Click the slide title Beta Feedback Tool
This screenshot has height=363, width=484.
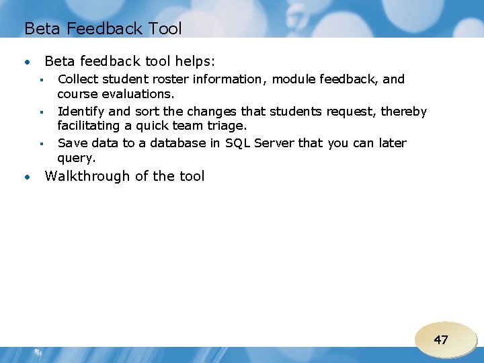[103, 28]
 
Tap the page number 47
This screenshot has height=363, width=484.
[441, 340]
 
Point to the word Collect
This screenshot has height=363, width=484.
[79, 79]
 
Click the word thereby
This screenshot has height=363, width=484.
[404, 112]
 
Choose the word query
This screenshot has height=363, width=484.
[77, 159]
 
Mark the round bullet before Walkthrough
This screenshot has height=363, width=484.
[28, 177]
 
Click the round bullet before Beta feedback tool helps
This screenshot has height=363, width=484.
[28, 63]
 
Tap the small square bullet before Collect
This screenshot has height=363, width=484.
[41, 80]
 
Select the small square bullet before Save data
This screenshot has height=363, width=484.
[41, 144]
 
